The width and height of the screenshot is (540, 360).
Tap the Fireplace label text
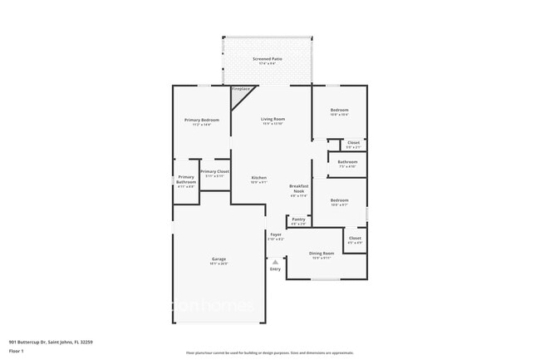coord(241,89)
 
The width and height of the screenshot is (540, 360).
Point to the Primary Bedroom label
coord(202,120)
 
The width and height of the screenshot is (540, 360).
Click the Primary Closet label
coord(214,171)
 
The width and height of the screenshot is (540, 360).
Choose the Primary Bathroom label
coord(186,180)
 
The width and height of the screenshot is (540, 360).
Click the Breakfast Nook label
coord(298,189)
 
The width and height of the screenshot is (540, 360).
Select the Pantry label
coord(298,219)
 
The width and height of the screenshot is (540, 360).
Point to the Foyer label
coord(275,235)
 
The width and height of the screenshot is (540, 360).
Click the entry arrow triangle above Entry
coord(275,261)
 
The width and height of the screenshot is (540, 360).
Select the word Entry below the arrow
coord(275,269)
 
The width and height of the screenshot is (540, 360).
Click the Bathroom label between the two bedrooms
coord(347,162)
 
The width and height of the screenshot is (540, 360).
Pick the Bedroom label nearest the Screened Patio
coord(339,110)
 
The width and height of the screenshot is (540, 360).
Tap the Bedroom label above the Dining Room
coord(339,200)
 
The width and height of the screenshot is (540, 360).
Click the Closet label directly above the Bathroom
coord(353,142)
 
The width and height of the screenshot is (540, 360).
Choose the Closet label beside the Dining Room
coord(355,239)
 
